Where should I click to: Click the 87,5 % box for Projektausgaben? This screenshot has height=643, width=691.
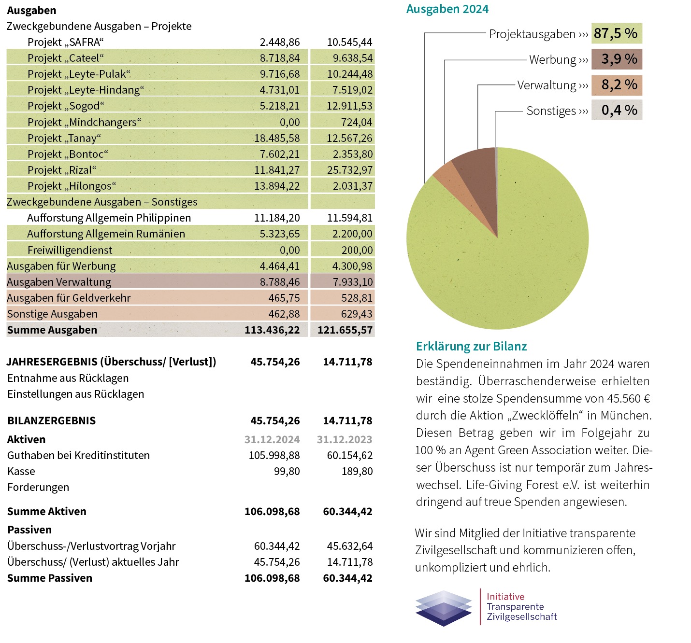tap(617, 34)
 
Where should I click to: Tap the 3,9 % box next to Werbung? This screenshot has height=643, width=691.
tap(617, 59)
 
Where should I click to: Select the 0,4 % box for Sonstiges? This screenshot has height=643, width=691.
tap(617, 111)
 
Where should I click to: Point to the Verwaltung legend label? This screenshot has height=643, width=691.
tap(547, 85)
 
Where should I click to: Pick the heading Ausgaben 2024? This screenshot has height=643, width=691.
tap(447, 9)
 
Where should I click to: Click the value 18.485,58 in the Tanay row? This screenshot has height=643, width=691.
tap(277, 139)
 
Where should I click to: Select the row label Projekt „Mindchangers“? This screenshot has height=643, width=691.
tap(84, 123)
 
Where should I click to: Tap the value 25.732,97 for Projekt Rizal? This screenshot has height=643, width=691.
tap(349, 170)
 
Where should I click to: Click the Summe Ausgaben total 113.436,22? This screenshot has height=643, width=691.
tap(272, 330)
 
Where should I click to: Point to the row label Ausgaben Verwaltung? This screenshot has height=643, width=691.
tap(59, 282)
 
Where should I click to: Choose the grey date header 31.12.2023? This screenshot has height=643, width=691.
tap(345, 440)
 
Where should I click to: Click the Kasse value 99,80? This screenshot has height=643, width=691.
tap(287, 472)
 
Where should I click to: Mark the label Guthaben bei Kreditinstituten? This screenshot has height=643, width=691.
tap(78, 456)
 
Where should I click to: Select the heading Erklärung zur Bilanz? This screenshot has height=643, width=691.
tap(471, 347)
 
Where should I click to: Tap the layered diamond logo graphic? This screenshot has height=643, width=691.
tap(444, 608)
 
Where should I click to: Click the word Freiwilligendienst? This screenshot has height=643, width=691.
tap(70, 251)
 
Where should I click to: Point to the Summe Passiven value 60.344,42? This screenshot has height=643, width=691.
tap(347, 578)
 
